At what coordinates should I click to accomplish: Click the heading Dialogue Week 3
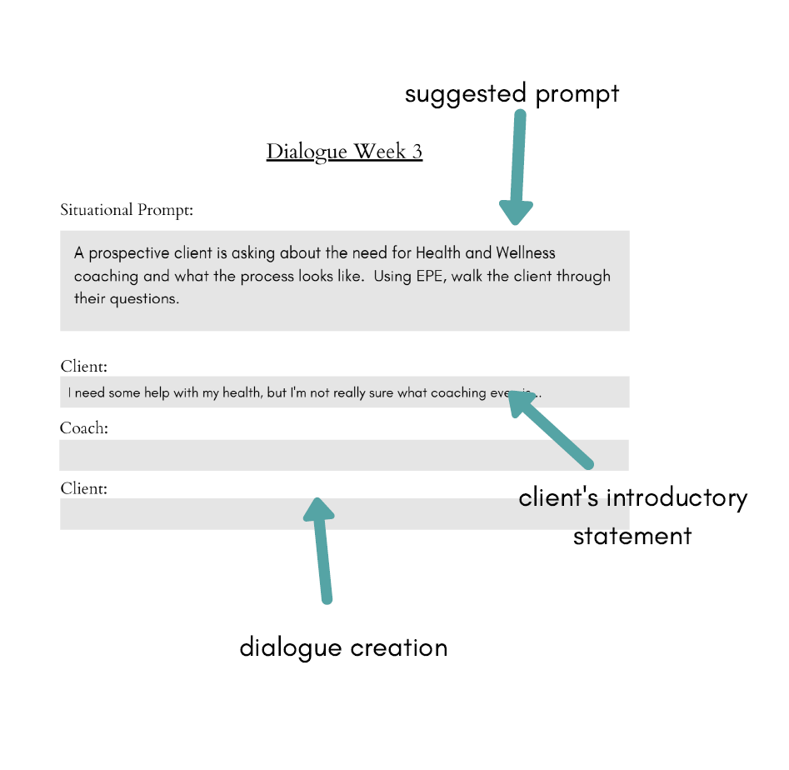click(x=344, y=152)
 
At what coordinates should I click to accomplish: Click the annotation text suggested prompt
click(x=512, y=93)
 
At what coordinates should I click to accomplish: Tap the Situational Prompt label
click(x=127, y=210)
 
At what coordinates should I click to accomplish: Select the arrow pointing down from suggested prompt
click(x=517, y=167)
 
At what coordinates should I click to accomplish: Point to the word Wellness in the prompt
click(x=525, y=252)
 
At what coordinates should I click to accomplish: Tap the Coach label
click(x=83, y=428)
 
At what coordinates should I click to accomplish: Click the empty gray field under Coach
click(x=343, y=455)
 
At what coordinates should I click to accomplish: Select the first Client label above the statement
click(x=83, y=366)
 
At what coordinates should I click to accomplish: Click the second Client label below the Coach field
click(x=83, y=488)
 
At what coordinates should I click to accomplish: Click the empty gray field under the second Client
click(x=343, y=514)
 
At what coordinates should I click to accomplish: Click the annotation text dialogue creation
click(x=343, y=647)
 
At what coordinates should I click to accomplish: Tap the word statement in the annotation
click(x=632, y=535)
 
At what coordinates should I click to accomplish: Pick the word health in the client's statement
click(x=242, y=392)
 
